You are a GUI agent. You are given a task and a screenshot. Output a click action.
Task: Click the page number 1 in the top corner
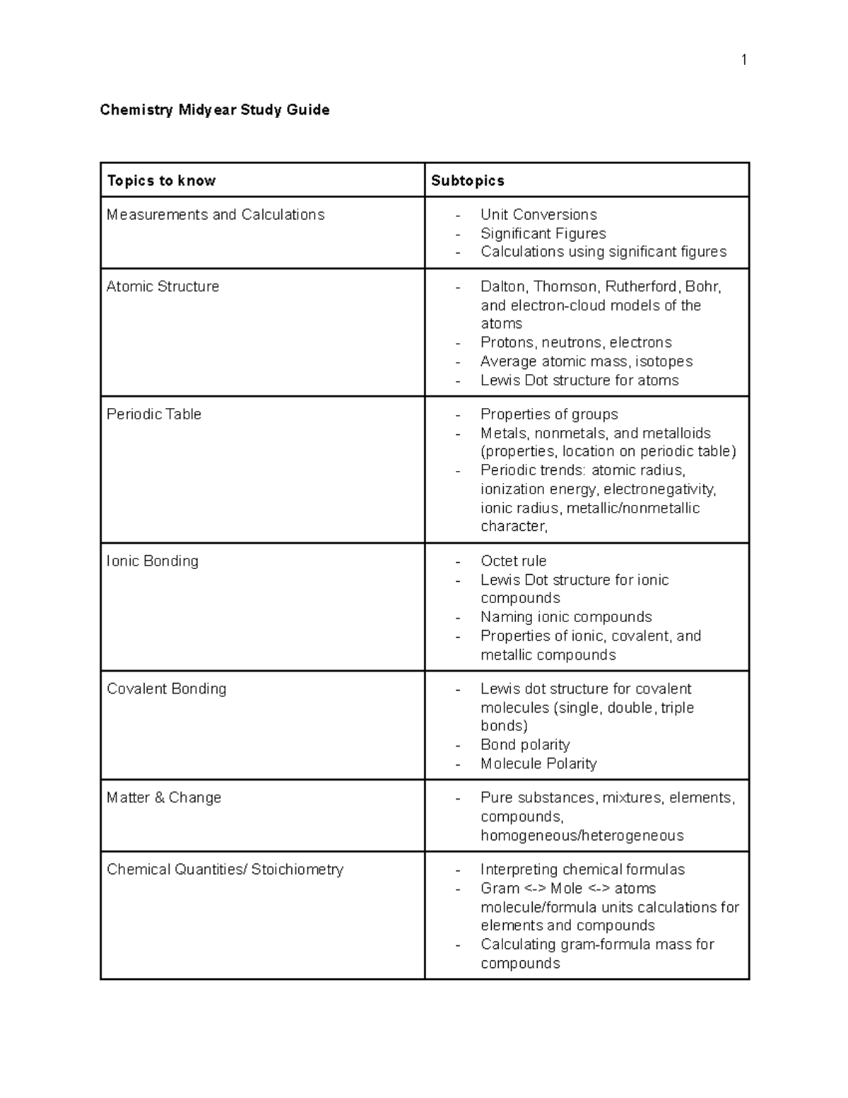tap(743, 60)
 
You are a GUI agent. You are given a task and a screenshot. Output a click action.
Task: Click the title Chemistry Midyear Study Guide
tap(215, 110)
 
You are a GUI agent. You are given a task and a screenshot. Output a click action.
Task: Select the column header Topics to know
tap(161, 180)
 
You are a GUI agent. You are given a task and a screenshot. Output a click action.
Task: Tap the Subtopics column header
tap(468, 180)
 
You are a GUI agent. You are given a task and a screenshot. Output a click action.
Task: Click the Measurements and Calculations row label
tap(216, 214)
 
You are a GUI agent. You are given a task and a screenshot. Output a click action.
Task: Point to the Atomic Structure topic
tap(163, 286)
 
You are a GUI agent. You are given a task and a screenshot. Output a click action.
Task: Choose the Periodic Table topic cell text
tap(154, 414)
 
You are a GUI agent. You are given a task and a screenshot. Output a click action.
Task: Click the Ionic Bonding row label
tap(153, 561)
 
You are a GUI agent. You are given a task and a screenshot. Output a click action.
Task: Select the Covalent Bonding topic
tap(167, 689)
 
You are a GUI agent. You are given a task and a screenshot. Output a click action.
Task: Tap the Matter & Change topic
tap(164, 798)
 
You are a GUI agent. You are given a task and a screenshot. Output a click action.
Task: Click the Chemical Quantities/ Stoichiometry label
tap(225, 870)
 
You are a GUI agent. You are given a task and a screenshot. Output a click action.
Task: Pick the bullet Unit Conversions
tap(538, 214)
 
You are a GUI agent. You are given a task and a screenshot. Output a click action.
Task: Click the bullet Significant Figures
tap(543, 233)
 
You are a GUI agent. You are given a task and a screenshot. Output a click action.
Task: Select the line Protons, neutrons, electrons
tap(576, 342)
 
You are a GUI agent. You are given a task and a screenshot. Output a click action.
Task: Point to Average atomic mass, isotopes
tap(587, 361)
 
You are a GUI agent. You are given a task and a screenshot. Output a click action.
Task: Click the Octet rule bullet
tap(513, 561)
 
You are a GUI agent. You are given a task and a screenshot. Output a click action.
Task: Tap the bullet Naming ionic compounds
tap(566, 617)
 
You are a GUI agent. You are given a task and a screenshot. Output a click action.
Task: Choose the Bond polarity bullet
tap(525, 744)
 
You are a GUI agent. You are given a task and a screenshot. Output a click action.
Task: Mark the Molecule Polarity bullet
tap(538, 764)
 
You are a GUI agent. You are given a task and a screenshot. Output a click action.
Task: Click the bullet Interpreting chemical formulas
tap(582, 870)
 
